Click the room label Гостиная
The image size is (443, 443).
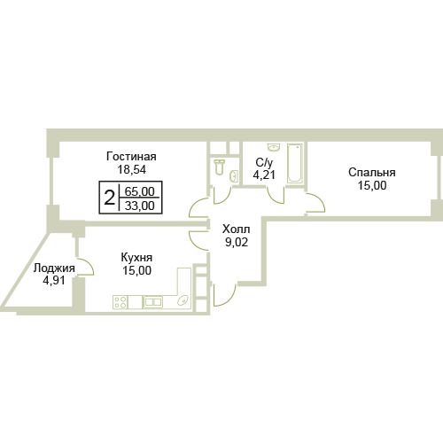pyautogui.click(x=131, y=156)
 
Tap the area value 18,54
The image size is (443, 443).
pyautogui.click(x=132, y=169)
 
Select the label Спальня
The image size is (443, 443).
pyautogui.click(x=372, y=172)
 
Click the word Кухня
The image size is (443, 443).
pyautogui.click(x=136, y=258)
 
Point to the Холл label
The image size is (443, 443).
pyautogui.click(x=237, y=229)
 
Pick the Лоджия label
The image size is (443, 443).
pyautogui.click(x=54, y=268)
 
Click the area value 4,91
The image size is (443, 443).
pyautogui.click(x=54, y=280)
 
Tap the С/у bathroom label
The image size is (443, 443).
pyautogui.click(x=264, y=162)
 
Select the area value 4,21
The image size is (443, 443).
pyautogui.click(x=264, y=175)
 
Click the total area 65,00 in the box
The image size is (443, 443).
pyautogui.click(x=139, y=191)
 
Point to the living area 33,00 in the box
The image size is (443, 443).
pyautogui.click(x=139, y=206)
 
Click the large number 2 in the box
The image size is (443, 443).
pyautogui.click(x=109, y=198)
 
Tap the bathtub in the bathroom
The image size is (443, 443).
pyautogui.click(x=295, y=163)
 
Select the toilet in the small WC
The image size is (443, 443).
pyautogui.click(x=219, y=167)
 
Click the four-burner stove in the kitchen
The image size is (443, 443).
pyautogui.click(x=120, y=302)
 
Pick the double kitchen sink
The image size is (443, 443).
pyautogui.click(x=152, y=302)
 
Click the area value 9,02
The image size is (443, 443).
pyautogui.click(x=237, y=242)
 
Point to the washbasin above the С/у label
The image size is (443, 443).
pyautogui.click(x=274, y=147)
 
